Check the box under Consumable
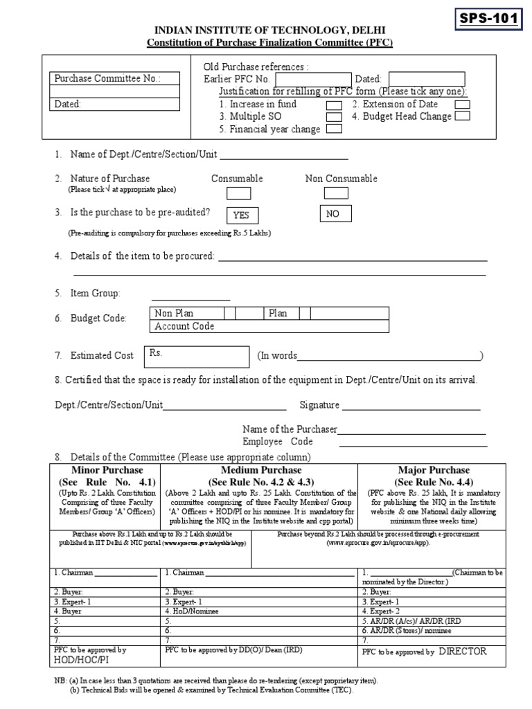click(238, 193)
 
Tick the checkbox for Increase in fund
click(333, 105)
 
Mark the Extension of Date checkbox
click(463, 105)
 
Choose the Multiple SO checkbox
click(333, 117)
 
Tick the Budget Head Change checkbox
click(463, 116)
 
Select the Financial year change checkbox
click(333, 129)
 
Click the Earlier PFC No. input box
click(312, 80)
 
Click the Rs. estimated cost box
click(196, 356)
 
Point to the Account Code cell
click(184, 326)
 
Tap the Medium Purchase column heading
click(260, 470)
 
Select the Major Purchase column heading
click(434, 470)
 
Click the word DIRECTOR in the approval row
click(462, 652)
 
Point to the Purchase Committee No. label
click(107, 79)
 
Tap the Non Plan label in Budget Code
click(174, 314)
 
